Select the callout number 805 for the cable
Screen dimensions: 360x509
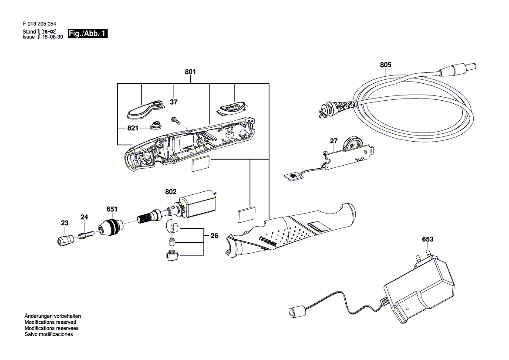[385, 65]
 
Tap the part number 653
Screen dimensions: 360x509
[428, 239]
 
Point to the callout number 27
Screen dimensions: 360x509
[334, 141]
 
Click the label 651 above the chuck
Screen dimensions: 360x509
[112, 209]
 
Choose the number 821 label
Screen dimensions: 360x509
[133, 128]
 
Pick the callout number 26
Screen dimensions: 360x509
[214, 236]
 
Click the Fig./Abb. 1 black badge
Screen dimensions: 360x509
[88, 34]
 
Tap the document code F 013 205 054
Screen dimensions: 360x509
[39, 24]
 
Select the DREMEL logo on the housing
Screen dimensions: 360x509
[267, 242]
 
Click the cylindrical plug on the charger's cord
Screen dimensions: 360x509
[296, 312]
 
